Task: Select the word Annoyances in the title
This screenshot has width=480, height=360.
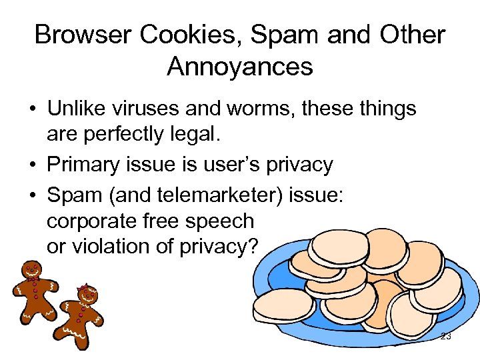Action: (x=240, y=67)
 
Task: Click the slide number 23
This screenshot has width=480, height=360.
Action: (x=446, y=337)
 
